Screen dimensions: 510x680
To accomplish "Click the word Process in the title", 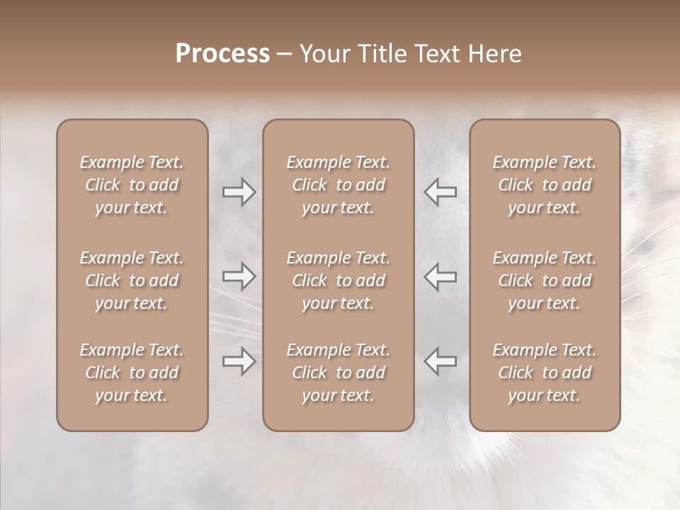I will coord(222,54).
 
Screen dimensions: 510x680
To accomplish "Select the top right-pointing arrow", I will coord(239,192).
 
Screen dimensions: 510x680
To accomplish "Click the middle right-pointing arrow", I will coord(239,276).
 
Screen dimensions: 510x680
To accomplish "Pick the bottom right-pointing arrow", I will coord(239,361).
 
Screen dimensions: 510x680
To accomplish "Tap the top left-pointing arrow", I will coord(441,192).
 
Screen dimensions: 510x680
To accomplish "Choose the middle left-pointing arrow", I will coord(441,276).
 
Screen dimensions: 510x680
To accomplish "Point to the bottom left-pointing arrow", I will coord(441,361).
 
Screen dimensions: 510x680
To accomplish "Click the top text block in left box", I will coord(132,185).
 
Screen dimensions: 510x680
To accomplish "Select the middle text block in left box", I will coord(132,280).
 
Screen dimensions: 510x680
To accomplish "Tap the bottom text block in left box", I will coord(132,373).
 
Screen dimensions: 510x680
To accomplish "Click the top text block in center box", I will coord(338,185).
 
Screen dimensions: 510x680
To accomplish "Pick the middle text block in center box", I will coord(338,280).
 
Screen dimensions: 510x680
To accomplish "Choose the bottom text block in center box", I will coord(338,373).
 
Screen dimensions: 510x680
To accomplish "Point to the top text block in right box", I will coord(545,185).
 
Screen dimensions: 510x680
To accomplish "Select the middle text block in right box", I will coord(545,280).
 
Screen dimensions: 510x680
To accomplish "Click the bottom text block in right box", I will coord(545,373).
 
